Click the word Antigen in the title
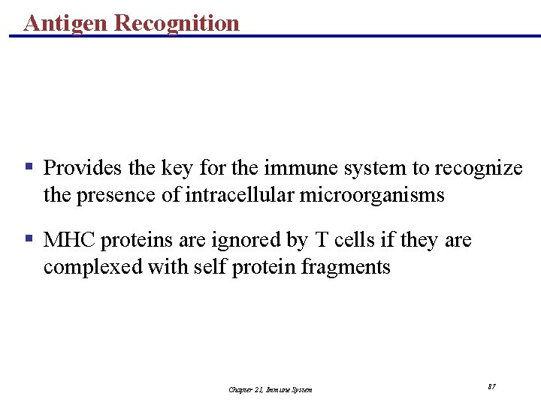coord(65,22)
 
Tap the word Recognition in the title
coord(177,22)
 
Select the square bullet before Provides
coord(29,166)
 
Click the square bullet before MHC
coord(29,239)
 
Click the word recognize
coord(479,168)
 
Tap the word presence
coord(118,195)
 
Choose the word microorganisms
coord(372,195)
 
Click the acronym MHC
coord(70,240)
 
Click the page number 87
coord(491,386)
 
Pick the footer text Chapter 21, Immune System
coord(270,389)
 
